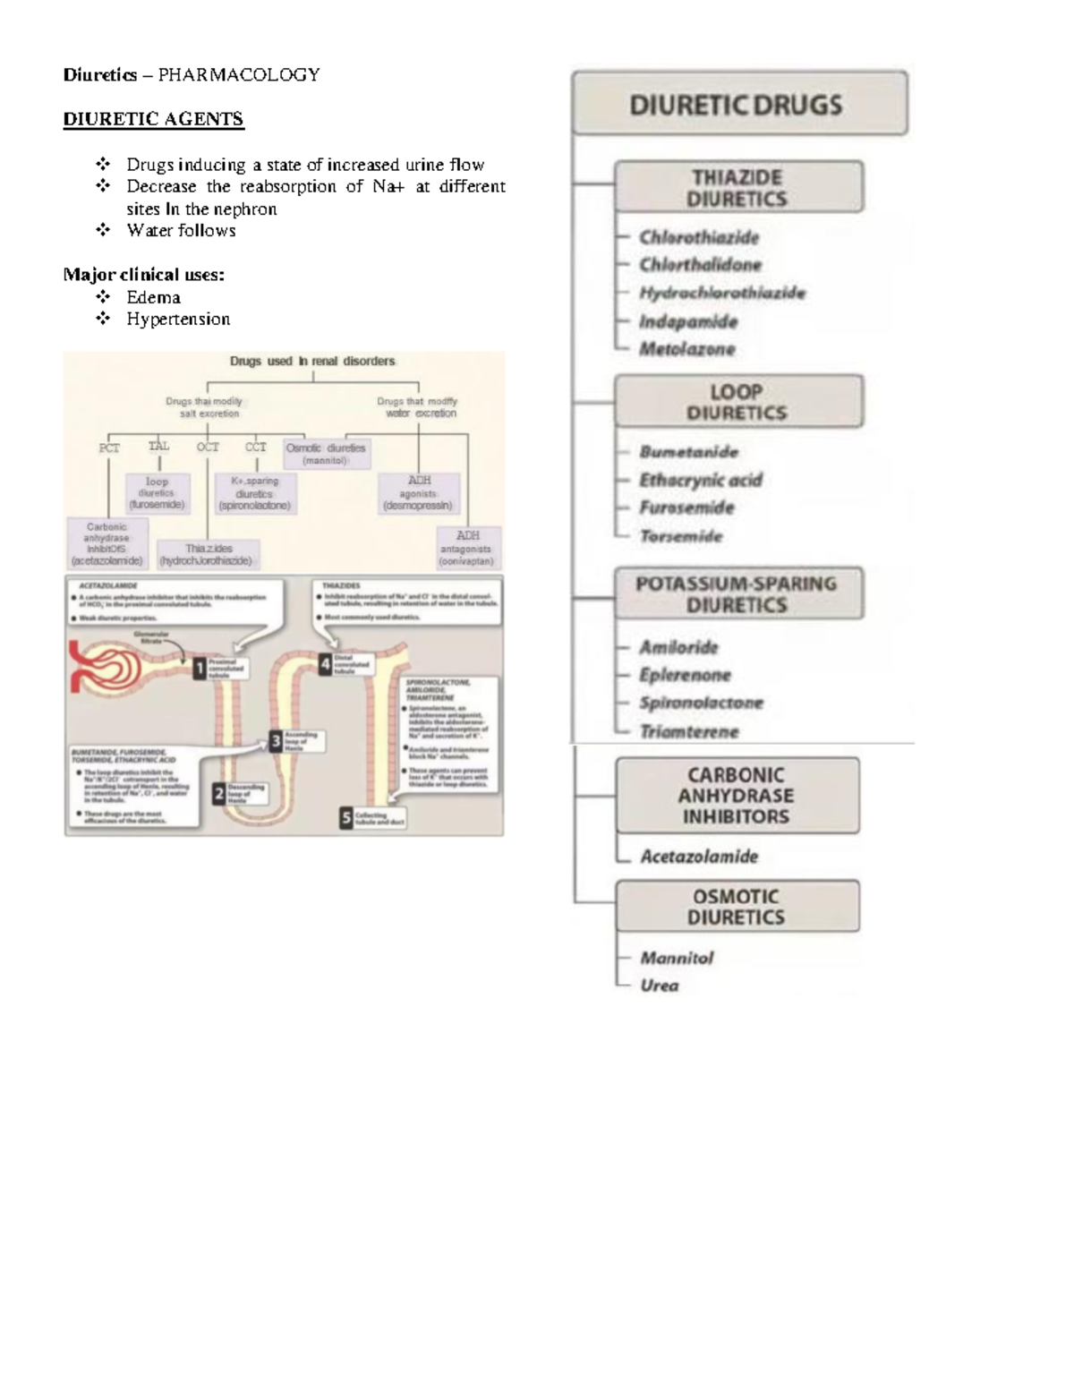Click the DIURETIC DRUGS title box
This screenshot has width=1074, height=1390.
pyautogui.click(x=739, y=104)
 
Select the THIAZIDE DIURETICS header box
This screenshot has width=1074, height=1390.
pyautogui.click(x=738, y=187)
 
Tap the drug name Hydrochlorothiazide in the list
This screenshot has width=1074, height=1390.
pyautogui.click(x=721, y=293)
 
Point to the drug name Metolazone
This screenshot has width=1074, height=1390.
pyautogui.click(x=687, y=349)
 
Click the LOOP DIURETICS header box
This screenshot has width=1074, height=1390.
pyautogui.click(x=738, y=402)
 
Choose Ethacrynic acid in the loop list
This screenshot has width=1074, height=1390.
pyautogui.click(x=701, y=480)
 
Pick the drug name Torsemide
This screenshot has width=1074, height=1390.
pyautogui.click(x=681, y=536)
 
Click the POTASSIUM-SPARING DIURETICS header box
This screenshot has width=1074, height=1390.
pyautogui.click(x=738, y=593)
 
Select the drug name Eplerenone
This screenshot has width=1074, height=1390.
pyautogui.click(x=685, y=675)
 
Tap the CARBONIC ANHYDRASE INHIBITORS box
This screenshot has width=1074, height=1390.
pyautogui.click(x=737, y=796)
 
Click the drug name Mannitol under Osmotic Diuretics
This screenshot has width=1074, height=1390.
pyautogui.click(x=677, y=958)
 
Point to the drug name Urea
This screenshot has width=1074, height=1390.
pyautogui.click(x=660, y=985)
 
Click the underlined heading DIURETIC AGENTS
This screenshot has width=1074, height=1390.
pyautogui.click(x=153, y=119)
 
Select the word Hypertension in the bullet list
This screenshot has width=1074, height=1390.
pyautogui.click(x=178, y=320)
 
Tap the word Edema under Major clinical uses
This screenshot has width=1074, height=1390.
pyautogui.click(x=153, y=297)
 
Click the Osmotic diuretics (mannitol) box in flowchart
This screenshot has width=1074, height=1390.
pyautogui.click(x=326, y=453)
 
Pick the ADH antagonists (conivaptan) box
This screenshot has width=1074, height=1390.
pyautogui.click(x=466, y=548)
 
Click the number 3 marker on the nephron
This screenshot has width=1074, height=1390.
pyautogui.click(x=277, y=740)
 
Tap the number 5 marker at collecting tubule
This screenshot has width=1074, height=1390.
pyautogui.click(x=346, y=817)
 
